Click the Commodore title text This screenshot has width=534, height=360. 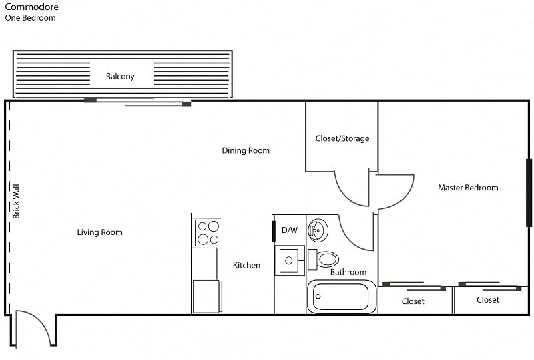pos(31,7)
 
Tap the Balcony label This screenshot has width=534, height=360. pos(120,77)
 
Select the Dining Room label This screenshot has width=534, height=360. pos(246,151)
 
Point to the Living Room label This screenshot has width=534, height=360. pos(99,232)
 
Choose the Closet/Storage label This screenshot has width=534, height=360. pos(342,139)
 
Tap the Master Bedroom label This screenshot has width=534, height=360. pos(468,188)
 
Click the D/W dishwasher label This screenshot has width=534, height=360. pos(289,230)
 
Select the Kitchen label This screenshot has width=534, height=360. pos(246,265)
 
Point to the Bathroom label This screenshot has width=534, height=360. pos(348,272)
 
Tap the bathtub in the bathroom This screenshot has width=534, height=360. pos(342,297)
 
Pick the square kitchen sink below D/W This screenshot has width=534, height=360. pos(289,260)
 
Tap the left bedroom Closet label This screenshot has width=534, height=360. pos(413,301)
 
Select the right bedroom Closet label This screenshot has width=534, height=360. pos(488,300)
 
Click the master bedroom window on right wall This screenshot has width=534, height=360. pos(529,192)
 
